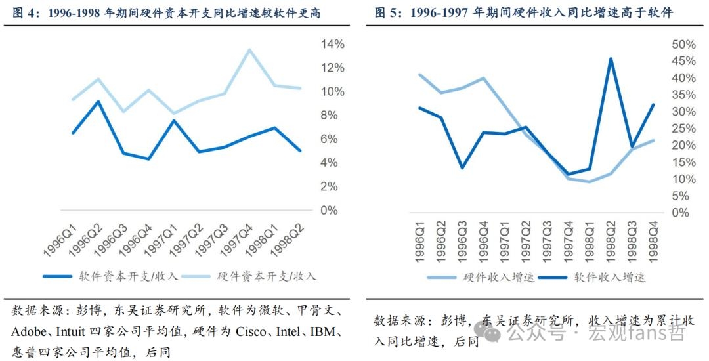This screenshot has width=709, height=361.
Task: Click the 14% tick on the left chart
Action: [333, 44]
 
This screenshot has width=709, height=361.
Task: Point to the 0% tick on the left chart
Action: [329, 210]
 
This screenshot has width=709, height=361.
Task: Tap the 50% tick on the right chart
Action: [683, 44]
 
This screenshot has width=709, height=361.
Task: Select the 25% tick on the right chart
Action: [683, 129]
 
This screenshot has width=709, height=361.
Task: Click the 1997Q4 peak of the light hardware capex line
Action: [249, 49]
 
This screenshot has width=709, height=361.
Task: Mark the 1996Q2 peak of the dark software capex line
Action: [98, 101]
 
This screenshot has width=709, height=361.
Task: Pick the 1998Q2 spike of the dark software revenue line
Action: [611, 58]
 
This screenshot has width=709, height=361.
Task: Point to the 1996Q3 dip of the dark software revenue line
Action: [462, 167]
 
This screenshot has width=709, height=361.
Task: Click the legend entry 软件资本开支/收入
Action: [111, 276]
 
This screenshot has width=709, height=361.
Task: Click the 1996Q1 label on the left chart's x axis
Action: [60, 240]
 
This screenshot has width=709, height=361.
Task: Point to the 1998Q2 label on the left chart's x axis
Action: [286, 240]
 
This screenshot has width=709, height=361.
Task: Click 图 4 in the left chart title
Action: [24, 12]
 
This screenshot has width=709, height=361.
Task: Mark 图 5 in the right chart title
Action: [386, 12]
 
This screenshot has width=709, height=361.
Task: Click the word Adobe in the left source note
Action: [28, 332]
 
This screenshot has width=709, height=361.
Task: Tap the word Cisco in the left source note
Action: [251, 332]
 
